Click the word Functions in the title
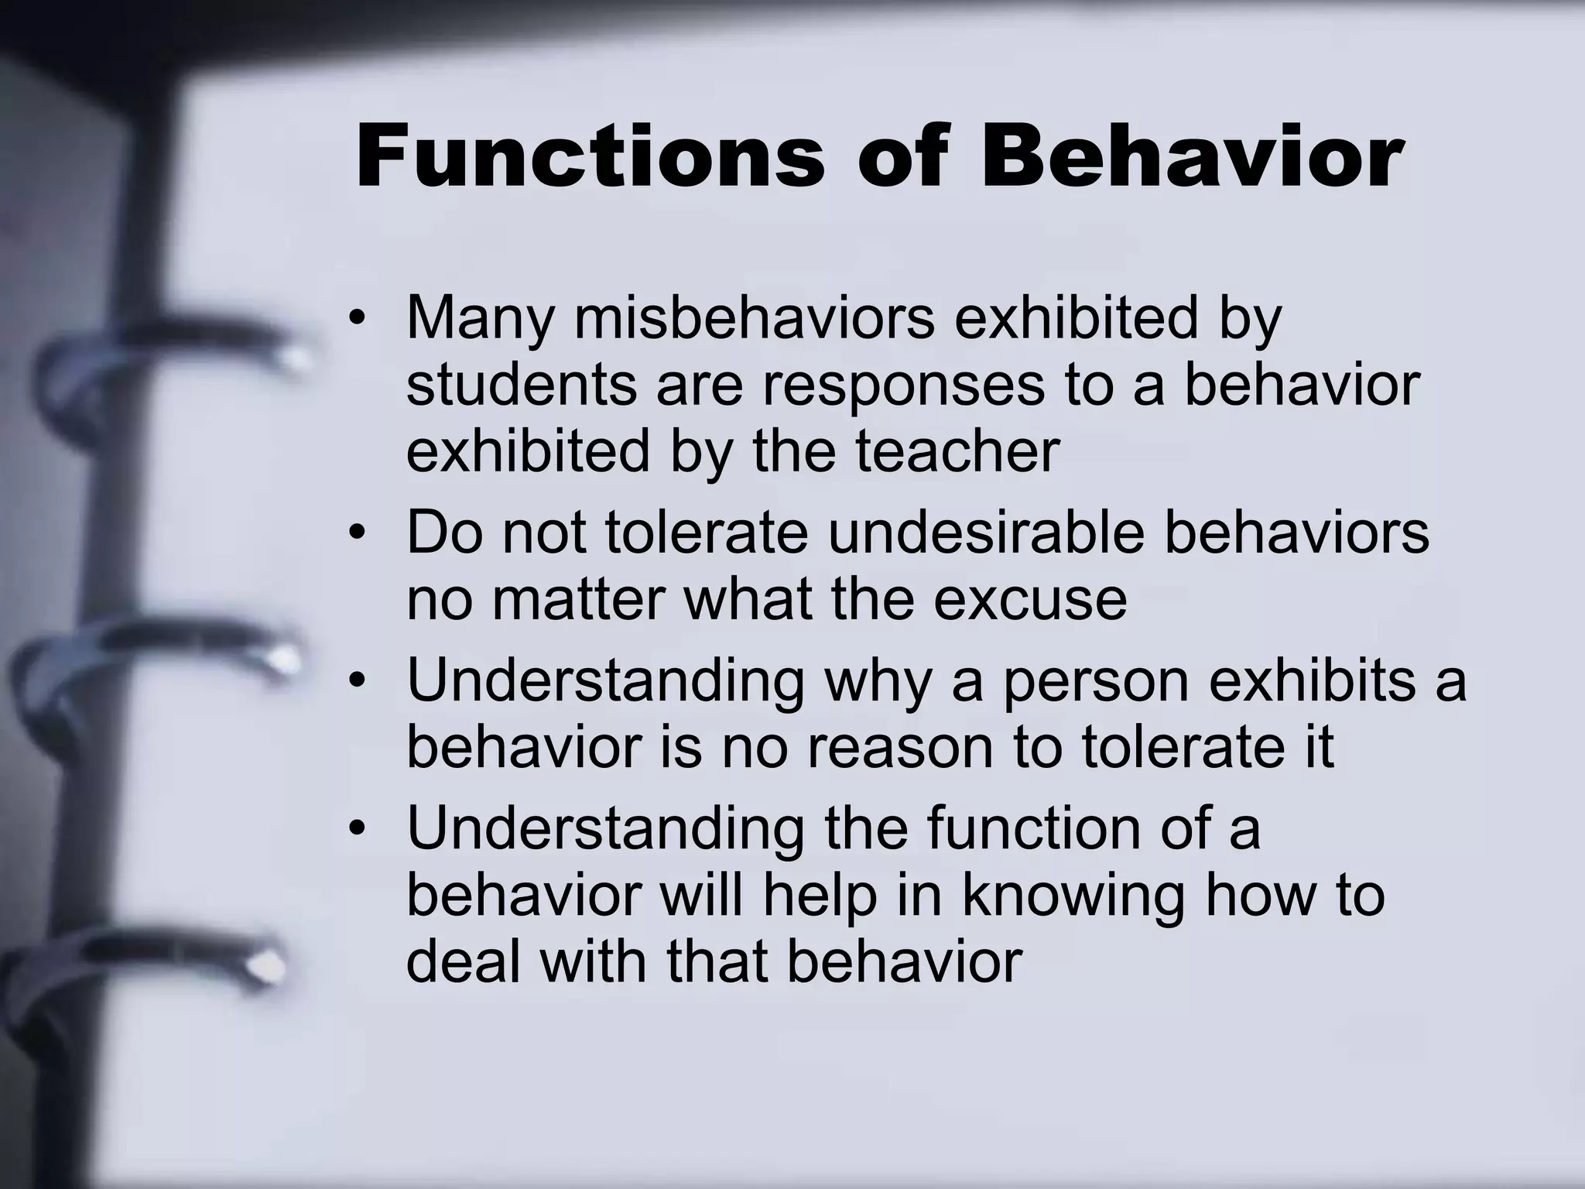click(x=590, y=157)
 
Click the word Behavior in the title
click(x=1192, y=157)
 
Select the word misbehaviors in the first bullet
click(x=754, y=317)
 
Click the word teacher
click(x=957, y=451)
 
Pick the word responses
click(x=903, y=385)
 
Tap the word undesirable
click(x=985, y=533)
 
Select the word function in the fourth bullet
click(x=1033, y=828)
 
